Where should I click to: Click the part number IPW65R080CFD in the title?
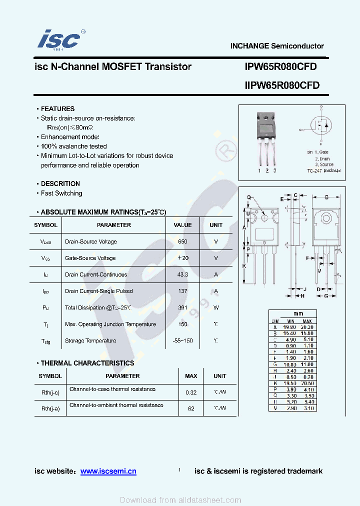(280, 67)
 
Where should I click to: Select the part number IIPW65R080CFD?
(282, 85)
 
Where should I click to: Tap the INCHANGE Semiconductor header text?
(277, 46)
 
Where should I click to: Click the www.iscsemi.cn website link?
(108, 471)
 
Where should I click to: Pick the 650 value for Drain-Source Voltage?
(182, 241)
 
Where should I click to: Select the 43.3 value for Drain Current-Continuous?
(182, 274)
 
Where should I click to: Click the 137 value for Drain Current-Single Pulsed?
(182, 291)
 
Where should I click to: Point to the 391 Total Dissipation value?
(182, 307)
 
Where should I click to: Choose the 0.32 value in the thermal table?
(191, 392)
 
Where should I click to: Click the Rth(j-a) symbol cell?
(50, 408)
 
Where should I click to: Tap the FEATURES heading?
(57, 108)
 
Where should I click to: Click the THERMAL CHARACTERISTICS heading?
(87, 363)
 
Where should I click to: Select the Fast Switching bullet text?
(61, 193)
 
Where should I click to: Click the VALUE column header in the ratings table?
(182, 225)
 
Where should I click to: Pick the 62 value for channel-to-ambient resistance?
(191, 408)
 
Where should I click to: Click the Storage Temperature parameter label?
(90, 340)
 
